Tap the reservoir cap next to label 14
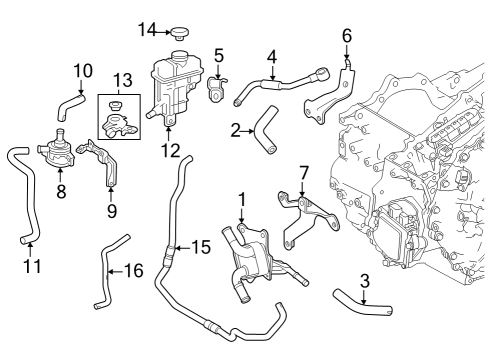point(181,34)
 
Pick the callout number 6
point(347,37)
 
